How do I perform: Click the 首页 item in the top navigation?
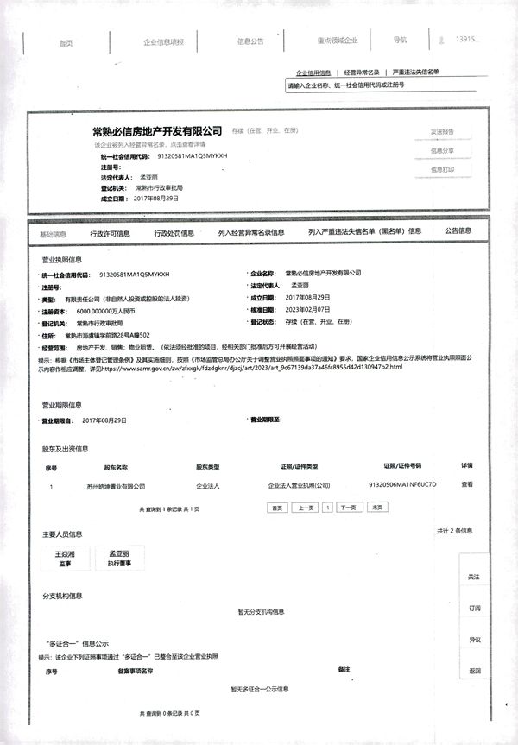pos(65,42)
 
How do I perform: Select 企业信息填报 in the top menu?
pos(164,41)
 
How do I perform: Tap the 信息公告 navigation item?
pos(250,41)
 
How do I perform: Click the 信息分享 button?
pos(442,150)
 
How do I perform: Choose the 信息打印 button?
pos(442,169)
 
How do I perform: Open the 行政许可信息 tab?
pos(111,233)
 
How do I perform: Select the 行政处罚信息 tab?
pos(174,233)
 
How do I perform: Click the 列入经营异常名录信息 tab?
pos(251,232)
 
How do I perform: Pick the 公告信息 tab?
pos(458,231)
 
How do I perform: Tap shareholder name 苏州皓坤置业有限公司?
pos(116,486)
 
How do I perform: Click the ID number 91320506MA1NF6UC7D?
pos(403,485)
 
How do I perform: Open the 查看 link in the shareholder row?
pos(467,485)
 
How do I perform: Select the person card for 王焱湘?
pos(71,558)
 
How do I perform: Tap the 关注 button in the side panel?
pos(474,577)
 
